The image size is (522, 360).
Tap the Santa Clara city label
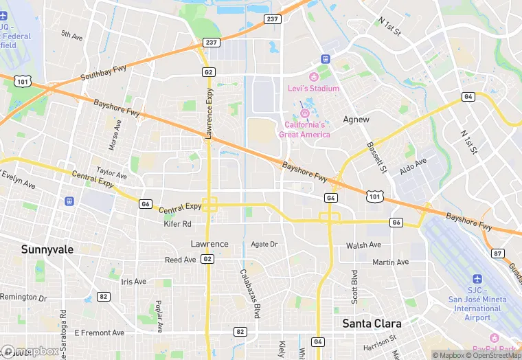[372, 323]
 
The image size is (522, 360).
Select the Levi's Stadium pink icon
[315, 77]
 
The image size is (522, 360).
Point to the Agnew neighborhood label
[356, 119]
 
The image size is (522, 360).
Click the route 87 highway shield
[498, 254]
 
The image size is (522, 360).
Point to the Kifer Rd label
[177, 224]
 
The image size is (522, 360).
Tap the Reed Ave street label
[180, 260]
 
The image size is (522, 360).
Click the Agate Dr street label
[264, 244]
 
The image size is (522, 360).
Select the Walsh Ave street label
[363, 245]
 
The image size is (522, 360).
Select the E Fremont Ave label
[100, 333]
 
